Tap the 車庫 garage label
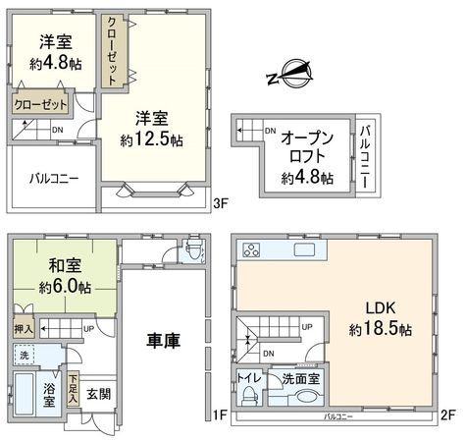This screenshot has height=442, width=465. pos(165,341)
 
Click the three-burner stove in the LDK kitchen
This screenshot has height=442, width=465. pos(249,249)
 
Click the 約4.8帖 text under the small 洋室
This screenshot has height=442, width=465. pos(55,63)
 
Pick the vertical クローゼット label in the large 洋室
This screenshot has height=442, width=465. pos(114,51)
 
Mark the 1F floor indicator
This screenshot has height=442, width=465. pos(221,415)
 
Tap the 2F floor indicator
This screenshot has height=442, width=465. pos(448,415)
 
